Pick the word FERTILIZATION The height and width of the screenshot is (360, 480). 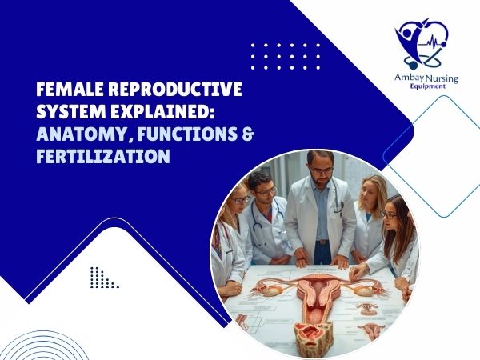click(x=102, y=157)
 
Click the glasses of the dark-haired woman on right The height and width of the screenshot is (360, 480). click(x=389, y=214)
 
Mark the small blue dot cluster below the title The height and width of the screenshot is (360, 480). click(x=102, y=278)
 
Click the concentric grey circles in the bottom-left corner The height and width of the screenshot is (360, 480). click(x=24, y=336)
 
